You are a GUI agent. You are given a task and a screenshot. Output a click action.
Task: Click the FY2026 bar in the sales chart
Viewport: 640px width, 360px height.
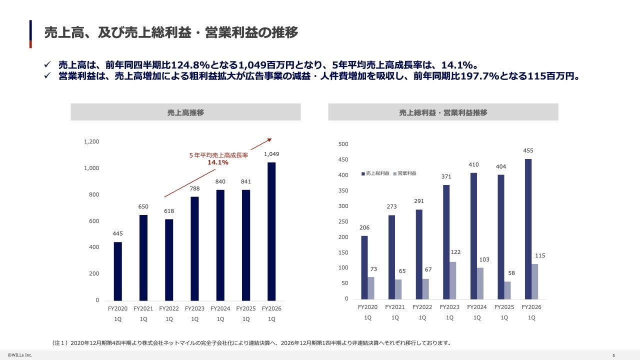(x=271, y=231)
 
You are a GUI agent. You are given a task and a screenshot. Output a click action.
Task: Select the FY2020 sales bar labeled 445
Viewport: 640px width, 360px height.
(x=117, y=271)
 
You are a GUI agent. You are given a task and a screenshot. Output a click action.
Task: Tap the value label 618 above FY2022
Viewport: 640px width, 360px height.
(x=169, y=211)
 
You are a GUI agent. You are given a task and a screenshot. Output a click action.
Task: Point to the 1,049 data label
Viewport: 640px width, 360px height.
(x=271, y=154)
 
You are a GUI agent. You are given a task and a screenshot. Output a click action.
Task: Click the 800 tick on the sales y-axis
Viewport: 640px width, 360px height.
(x=94, y=194)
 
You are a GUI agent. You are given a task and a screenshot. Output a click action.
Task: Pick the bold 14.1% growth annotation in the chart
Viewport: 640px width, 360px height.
(x=218, y=162)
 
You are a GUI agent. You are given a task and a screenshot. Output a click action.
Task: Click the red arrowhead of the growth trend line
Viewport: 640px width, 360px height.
(x=269, y=140)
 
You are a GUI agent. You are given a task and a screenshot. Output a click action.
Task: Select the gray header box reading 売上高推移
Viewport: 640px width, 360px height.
(x=185, y=112)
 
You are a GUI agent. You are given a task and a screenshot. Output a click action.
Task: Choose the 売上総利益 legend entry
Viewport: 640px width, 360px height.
(x=375, y=173)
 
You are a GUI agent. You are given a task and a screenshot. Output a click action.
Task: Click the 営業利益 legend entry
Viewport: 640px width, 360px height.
(x=405, y=173)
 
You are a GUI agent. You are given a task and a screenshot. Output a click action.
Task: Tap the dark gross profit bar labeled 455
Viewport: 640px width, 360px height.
(x=528, y=229)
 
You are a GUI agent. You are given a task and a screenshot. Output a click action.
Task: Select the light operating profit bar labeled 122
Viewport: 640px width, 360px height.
(x=453, y=280)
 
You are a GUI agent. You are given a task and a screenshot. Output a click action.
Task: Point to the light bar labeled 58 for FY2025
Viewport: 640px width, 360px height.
(x=507, y=290)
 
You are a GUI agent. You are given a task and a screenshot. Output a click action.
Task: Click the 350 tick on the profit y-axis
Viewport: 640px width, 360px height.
(x=343, y=190)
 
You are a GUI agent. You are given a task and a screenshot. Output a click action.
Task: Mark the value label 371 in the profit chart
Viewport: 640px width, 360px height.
(x=446, y=176)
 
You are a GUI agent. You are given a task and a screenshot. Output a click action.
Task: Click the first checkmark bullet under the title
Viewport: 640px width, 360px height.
(x=47, y=64)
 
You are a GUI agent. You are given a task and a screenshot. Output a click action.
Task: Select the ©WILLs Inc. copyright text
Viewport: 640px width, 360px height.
(x=20, y=355)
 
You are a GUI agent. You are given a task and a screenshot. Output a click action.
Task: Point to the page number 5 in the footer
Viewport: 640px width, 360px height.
(x=613, y=355)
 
